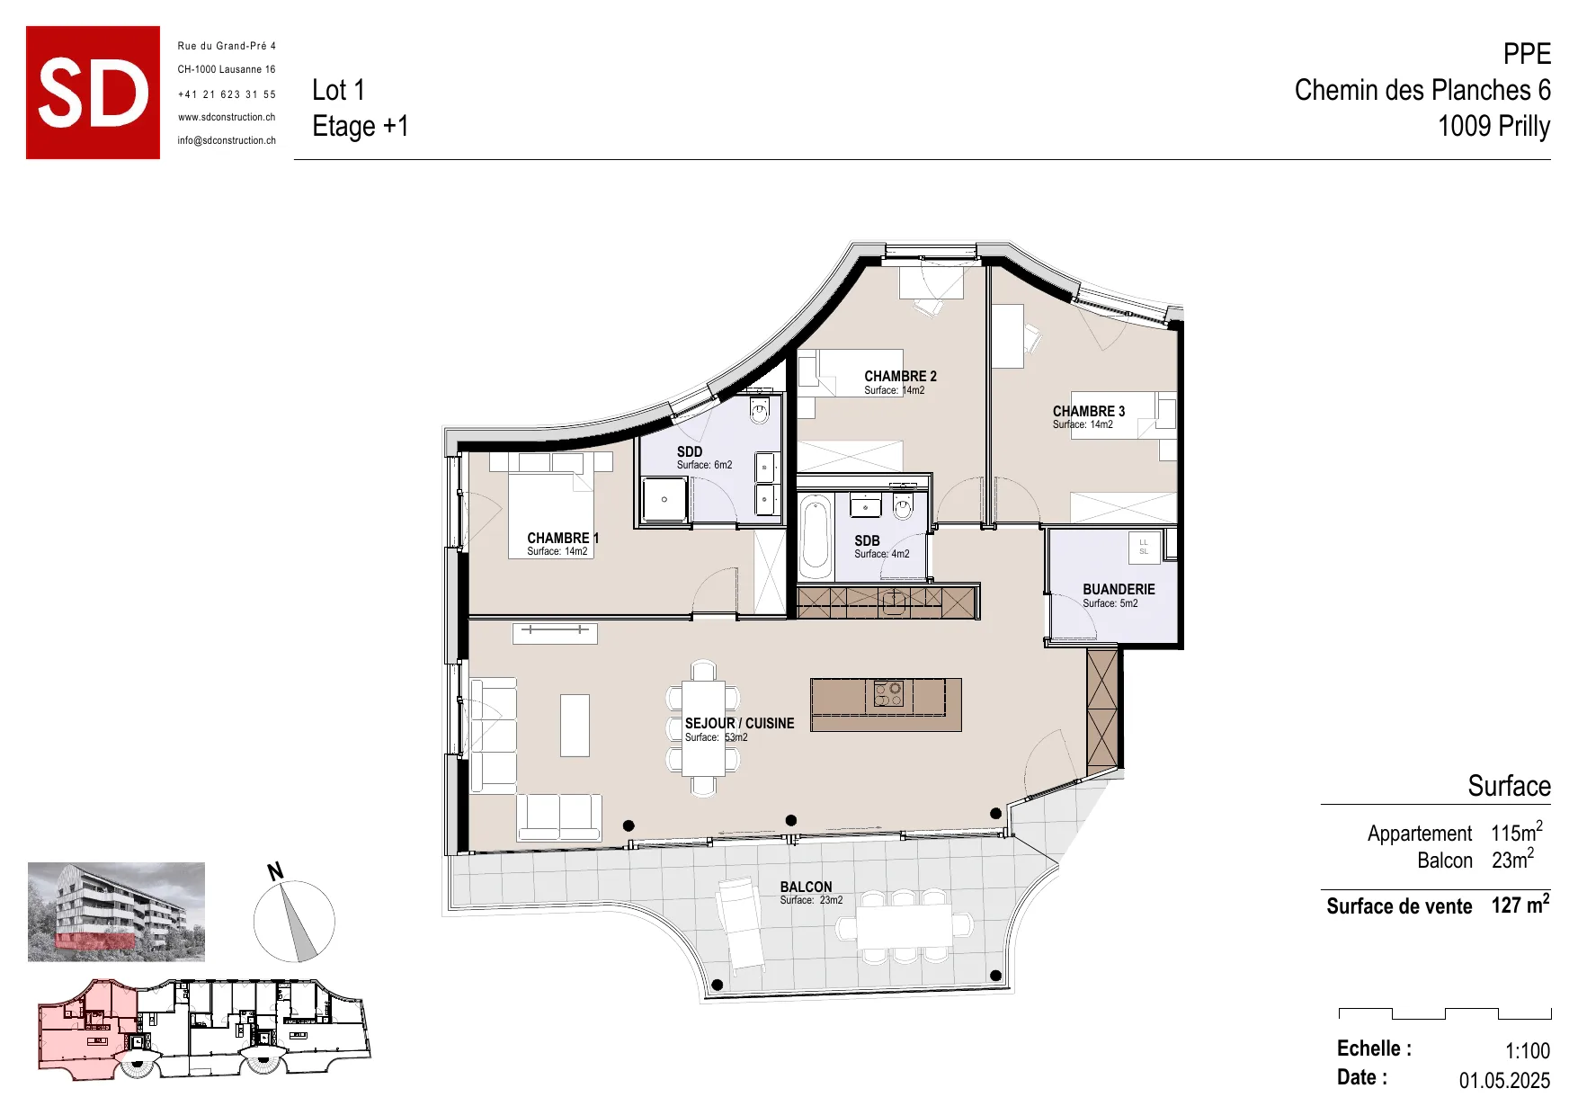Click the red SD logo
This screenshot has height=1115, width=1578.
tap(93, 93)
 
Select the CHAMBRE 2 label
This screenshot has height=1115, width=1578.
tap(900, 376)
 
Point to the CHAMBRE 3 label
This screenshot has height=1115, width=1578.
tap(1089, 411)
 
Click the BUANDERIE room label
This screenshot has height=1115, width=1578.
tap(1119, 589)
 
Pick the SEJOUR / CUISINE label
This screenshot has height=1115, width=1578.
tap(739, 723)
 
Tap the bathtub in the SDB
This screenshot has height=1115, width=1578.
tap(816, 537)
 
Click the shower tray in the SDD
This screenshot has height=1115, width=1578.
tap(664, 499)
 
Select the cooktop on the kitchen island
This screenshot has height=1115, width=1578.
tap(888, 694)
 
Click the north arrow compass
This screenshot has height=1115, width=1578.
tap(294, 920)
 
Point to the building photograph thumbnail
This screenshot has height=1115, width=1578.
tap(116, 912)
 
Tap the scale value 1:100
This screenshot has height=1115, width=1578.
tap(1528, 1050)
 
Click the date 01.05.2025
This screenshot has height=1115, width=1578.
tap(1504, 1079)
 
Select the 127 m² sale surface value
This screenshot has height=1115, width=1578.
tap(1520, 905)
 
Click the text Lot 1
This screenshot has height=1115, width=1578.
tap(338, 90)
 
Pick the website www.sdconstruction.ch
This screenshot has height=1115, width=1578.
tap(227, 117)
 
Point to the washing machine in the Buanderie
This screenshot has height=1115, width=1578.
tap(1144, 547)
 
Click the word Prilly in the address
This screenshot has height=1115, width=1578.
tap(1523, 126)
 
